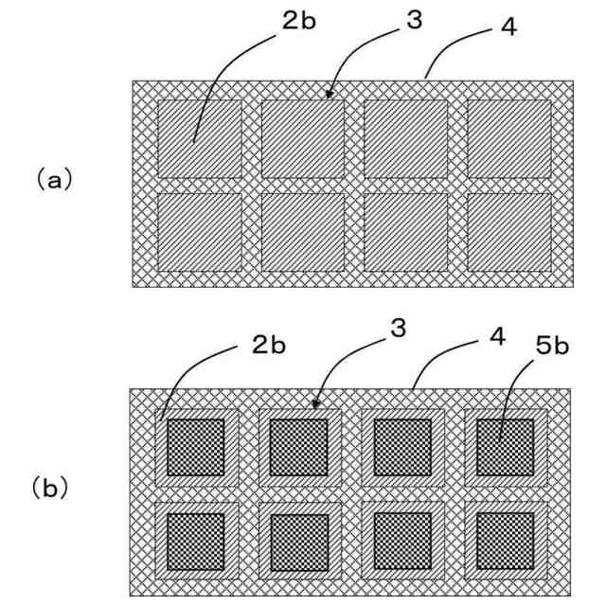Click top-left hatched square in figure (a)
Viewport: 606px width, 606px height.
[199, 138]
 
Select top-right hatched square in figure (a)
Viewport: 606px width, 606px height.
[509, 138]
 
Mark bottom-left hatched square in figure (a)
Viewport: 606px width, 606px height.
[199, 231]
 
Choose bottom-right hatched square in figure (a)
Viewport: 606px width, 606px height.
[509, 231]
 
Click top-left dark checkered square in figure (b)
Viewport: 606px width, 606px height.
[195, 446]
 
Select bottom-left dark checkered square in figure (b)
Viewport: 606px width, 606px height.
[195, 542]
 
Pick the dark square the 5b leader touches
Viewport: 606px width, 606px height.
[505, 446]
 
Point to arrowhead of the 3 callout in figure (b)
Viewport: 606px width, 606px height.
[317, 405]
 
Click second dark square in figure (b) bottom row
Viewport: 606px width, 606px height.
[299, 542]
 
